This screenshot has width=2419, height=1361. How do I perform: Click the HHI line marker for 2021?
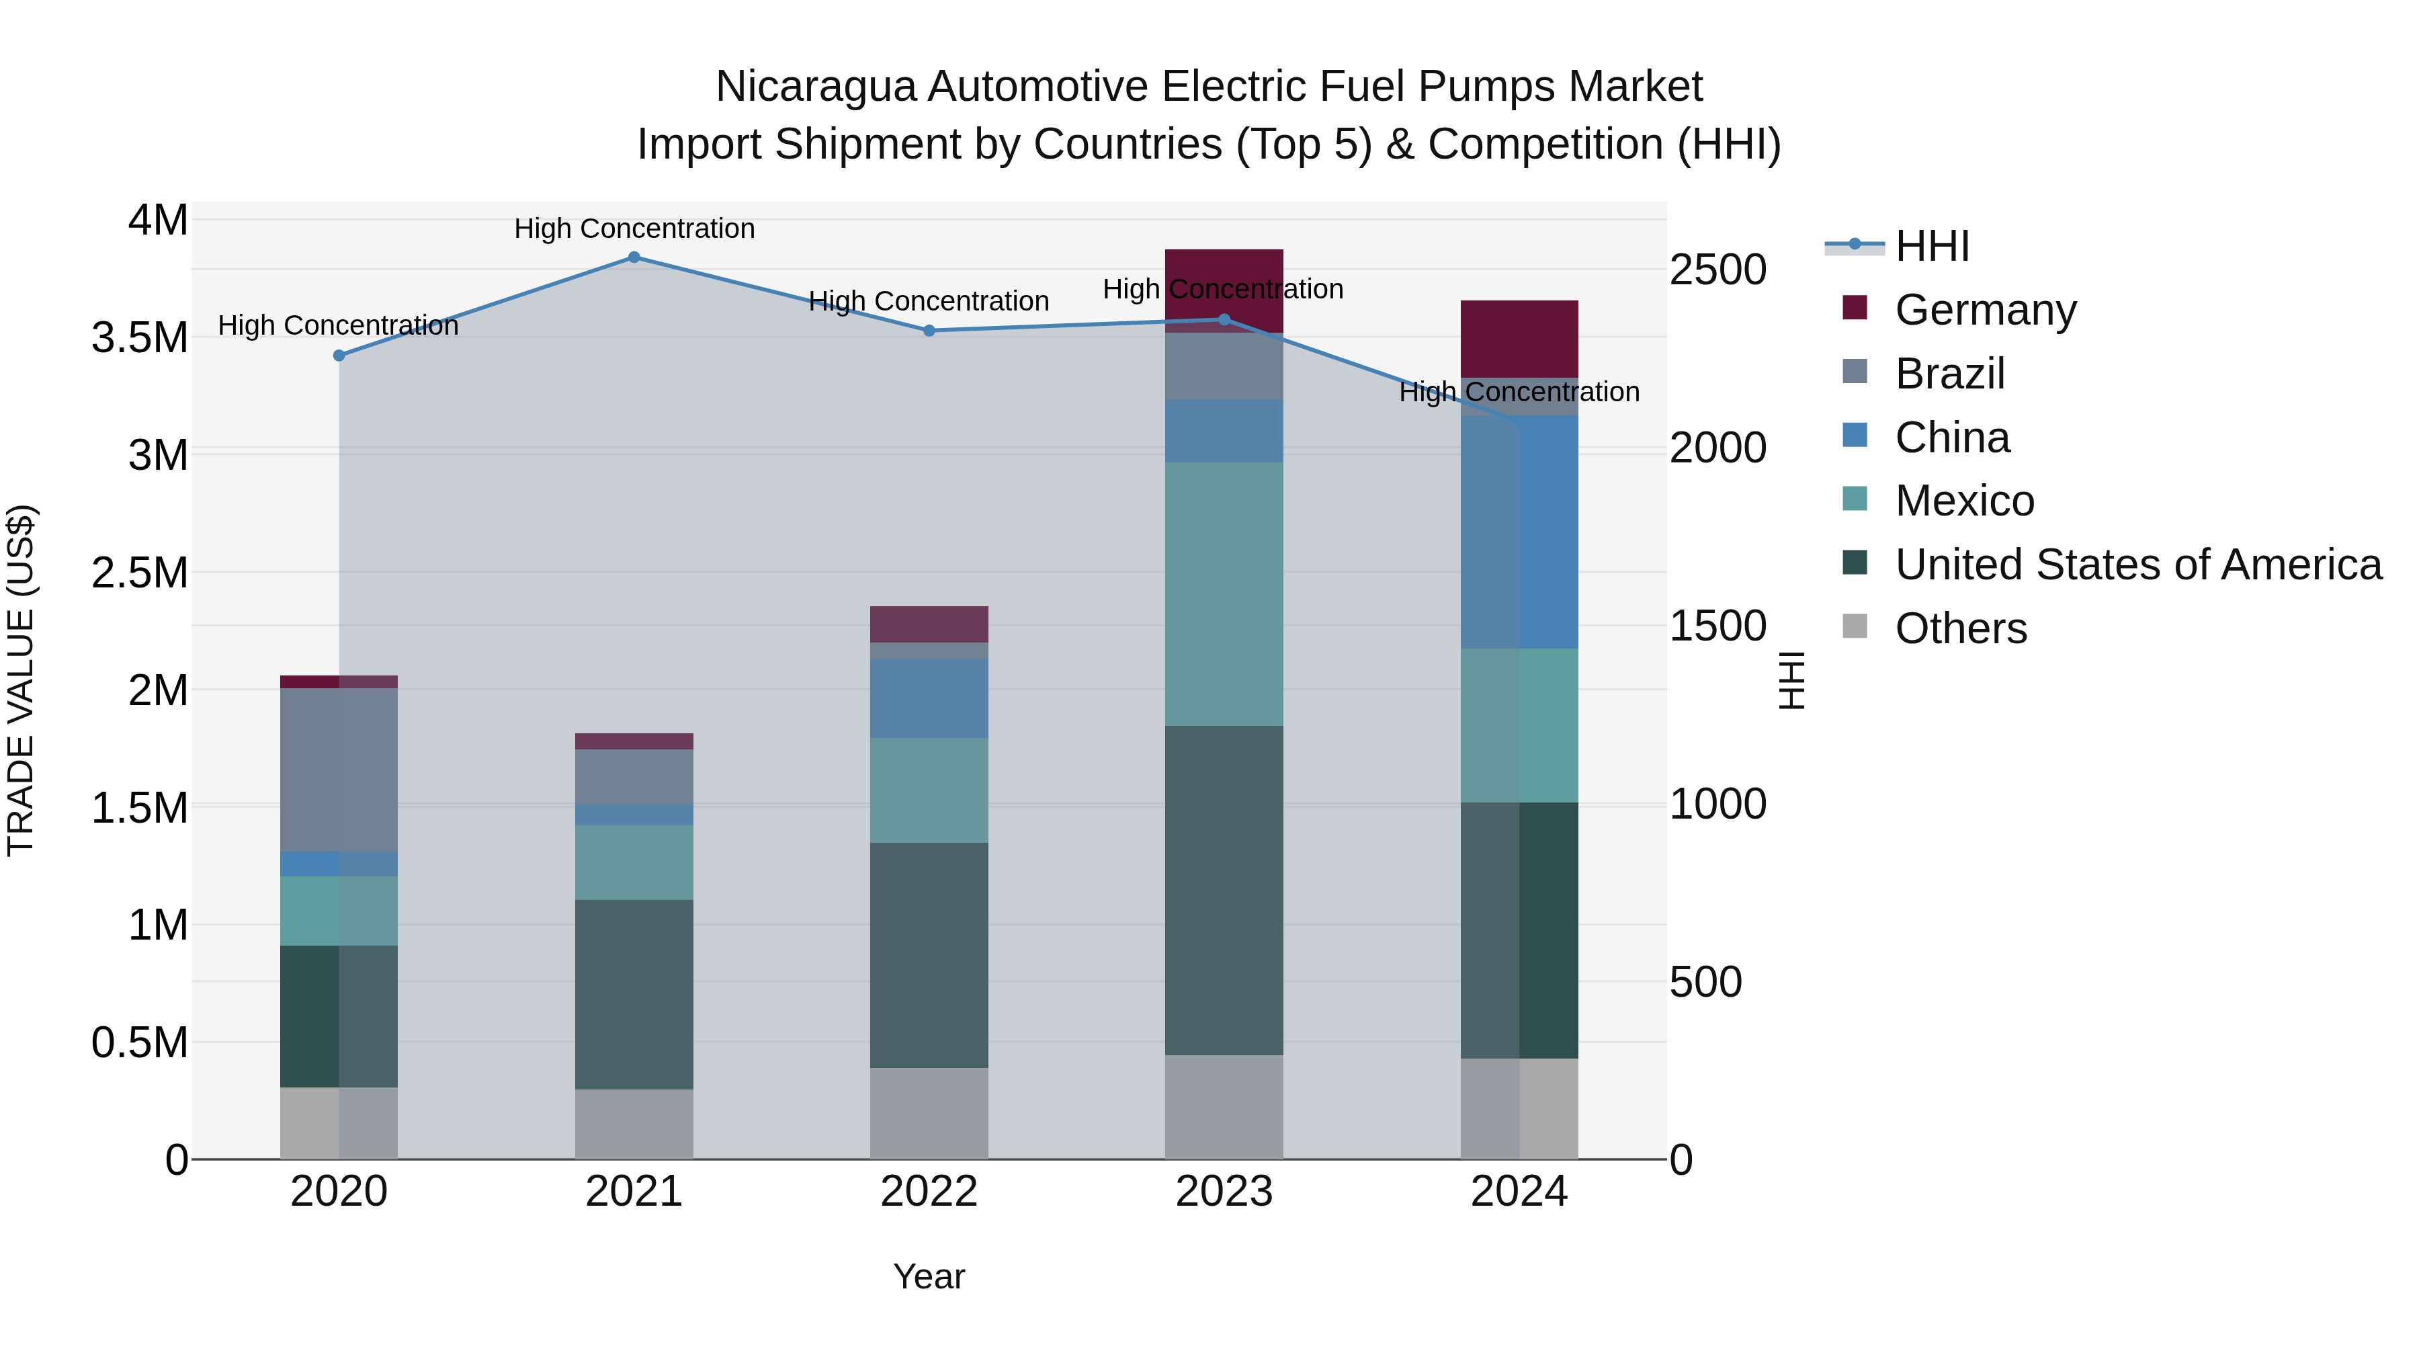click(x=634, y=257)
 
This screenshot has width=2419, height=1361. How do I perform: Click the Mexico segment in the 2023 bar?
click(x=1224, y=593)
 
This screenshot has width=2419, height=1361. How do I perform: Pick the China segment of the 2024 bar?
click(x=1519, y=532)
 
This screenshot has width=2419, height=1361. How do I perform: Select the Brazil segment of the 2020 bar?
click(x=339, y=770)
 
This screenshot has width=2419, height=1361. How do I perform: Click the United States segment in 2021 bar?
click(x=634, y=994)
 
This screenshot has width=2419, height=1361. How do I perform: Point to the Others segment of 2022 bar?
click(x=929, y=1113)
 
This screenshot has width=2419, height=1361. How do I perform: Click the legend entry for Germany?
click(x=1985, y=310)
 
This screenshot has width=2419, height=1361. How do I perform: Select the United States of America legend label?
click(x=2138, y=565)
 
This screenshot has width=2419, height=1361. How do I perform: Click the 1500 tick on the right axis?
click(x=1717, y=626)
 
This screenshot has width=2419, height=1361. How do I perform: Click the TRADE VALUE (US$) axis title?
click(x=21, y=680)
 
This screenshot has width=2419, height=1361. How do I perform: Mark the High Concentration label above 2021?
click(x=634, y=229)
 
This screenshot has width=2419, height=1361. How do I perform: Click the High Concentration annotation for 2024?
click(x=1519, y=392)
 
